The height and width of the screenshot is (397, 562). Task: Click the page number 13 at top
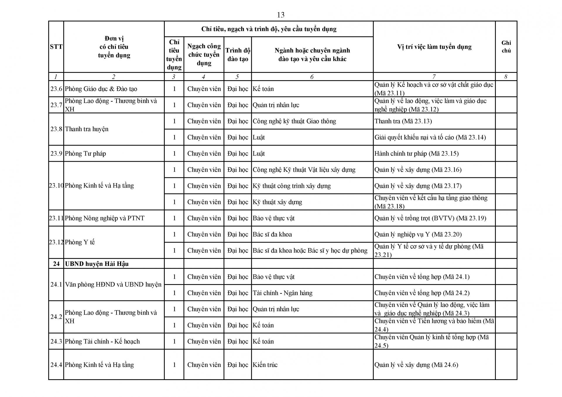coord(280,15)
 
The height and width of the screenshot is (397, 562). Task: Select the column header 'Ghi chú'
coord(506,47)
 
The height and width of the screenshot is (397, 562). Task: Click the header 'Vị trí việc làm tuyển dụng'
coord(434,47)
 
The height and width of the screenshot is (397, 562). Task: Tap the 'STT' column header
coord(56,47)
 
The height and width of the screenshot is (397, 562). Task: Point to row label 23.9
coord(56,154)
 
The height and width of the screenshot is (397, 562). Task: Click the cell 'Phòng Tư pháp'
coord(85,154)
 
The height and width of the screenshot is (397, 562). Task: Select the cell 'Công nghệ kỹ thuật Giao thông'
coord(294,121)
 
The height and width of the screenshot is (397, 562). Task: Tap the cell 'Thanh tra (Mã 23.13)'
coord(403,121)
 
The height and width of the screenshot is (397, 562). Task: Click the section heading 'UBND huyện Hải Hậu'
coord(97,264)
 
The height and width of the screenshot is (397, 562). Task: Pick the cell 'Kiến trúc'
coord(265,365)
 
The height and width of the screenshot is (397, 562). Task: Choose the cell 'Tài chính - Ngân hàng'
coord(282,293)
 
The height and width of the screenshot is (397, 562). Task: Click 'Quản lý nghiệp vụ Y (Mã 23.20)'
coord(418,234)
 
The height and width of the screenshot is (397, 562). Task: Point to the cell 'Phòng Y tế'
coord(80,242)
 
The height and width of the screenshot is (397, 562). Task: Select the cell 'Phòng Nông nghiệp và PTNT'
coord(104,218)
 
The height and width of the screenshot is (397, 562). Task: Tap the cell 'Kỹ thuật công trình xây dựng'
coord(292,186)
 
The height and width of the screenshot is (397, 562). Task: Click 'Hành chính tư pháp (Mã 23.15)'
coord(417,154)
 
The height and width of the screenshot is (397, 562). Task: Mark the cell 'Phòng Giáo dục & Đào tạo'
coord(101,89)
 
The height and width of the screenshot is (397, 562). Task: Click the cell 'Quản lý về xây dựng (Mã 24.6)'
coord(416,365)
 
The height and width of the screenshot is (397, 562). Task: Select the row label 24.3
coord(56,341)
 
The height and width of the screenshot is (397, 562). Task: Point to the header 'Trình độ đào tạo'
coord(238,55)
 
